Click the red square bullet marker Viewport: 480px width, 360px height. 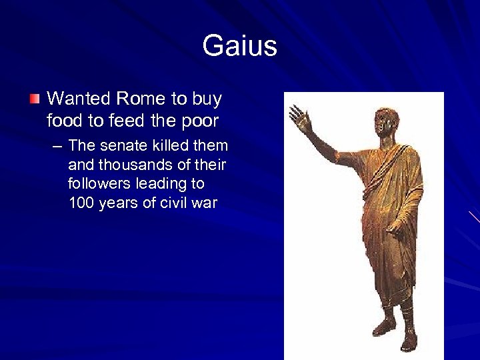[35, 100]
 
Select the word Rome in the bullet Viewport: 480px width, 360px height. [142, 99]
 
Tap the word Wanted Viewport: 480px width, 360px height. [79, 99]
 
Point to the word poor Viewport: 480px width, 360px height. [200, 121]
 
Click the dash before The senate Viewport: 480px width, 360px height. [58, 145]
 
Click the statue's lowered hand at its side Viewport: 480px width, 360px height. [396, 225]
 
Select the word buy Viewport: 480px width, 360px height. [207, 99]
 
